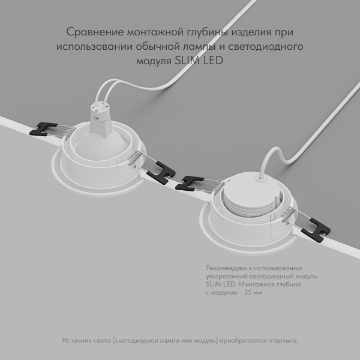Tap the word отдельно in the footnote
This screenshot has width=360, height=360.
(x=282, y=340)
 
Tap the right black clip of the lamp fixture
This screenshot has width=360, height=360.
(x=161, y=173)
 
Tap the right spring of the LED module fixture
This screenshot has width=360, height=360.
(x=290, y=214)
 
